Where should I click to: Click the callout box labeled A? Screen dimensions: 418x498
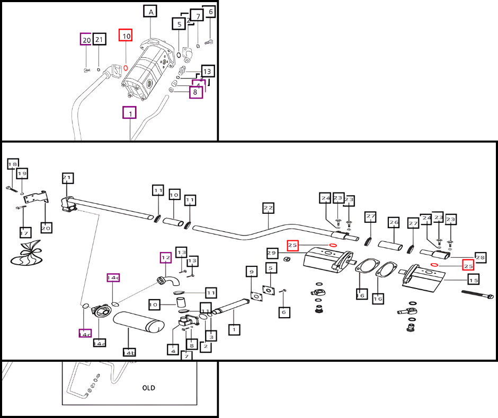[x=151, y=12]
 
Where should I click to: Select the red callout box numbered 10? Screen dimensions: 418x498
[x=126, y=36]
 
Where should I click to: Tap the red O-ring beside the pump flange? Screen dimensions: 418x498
[x=126, y=68]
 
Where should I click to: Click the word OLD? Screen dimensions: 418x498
[x=149, y=388]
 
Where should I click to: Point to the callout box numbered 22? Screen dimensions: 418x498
[x=268, y=208]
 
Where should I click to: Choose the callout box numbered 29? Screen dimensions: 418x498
[x=272, y=253]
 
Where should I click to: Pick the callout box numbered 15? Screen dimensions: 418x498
[x=473, y=279]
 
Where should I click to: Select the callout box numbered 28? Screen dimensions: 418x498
[x=480, y=256]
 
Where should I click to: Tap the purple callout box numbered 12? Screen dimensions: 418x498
[x=166, y=258]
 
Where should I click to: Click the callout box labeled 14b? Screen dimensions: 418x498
[x=129, y=352]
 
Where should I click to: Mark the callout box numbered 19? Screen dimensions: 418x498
[x=22, y=173]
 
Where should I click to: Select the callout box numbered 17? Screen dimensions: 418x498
[x=24, y=232]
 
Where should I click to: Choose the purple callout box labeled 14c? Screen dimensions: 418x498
[x=113, y=278]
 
